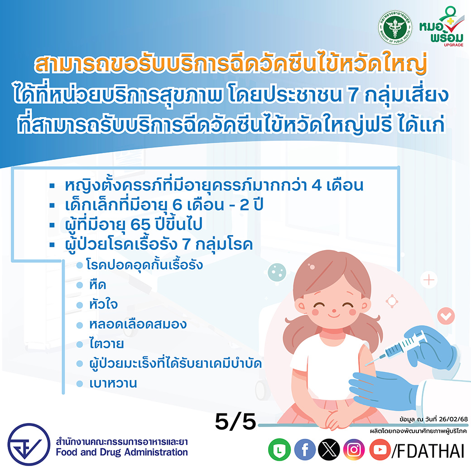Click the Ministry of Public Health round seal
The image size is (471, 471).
point(395,27)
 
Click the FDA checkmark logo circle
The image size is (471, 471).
point(29,444)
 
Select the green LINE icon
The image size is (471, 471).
point(279,450)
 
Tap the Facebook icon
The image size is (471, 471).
point(305,450)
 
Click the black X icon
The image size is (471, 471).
point(329,450)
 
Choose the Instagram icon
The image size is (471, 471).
point(354,450)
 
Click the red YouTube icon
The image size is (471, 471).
point(380,450)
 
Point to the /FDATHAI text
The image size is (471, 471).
point(428,451)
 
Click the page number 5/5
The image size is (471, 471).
point(235,422)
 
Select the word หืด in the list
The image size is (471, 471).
point(98,285)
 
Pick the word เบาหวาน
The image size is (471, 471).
point(113,383)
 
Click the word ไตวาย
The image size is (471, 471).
point(106,344)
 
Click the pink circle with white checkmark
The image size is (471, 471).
point(446,316)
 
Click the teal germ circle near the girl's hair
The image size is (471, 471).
point(277,272)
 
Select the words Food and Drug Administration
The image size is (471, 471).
point(122,452)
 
